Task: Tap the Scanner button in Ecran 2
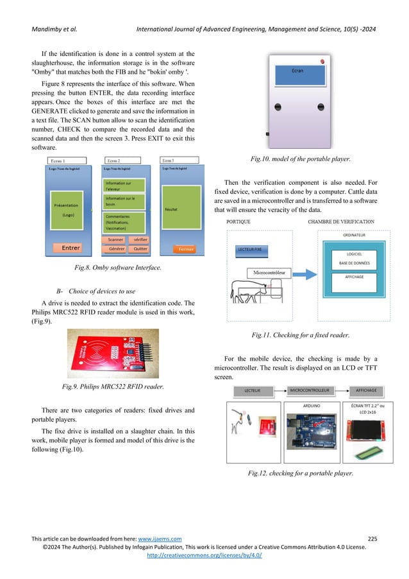pyautogui.click(x=116, y=239)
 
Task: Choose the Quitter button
pyautogui.click(x=139, y=248)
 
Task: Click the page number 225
pyautogui.click(x=373, y=537)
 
